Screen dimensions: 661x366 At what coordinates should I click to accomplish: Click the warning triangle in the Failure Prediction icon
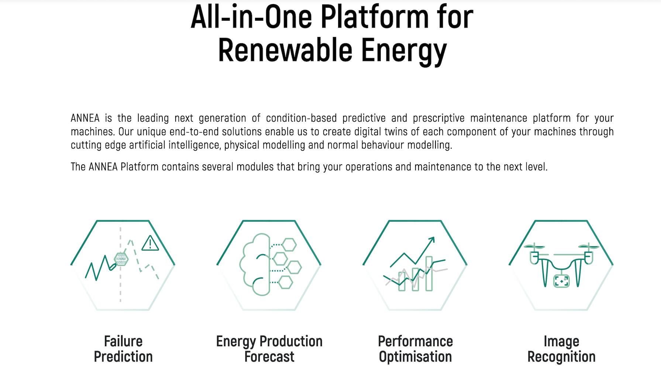coord(150,243)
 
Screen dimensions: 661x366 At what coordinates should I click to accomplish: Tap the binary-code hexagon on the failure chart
coord(121,259)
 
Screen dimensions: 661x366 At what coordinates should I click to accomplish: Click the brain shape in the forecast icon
coord(255,264)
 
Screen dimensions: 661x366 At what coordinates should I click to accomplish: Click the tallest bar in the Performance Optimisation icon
coord(429,274)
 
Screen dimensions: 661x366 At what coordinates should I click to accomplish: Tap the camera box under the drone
coord(561,281)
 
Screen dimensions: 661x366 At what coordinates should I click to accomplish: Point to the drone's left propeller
coord(534,246)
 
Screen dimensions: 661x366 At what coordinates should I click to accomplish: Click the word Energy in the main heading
coord(404,52)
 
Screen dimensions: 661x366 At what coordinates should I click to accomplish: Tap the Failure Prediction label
coord(123,349)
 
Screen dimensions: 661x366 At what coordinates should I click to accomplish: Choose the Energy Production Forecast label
coord(269,349)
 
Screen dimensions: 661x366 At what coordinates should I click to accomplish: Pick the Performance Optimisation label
coord(416,349)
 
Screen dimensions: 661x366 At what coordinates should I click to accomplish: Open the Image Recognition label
coord(561,349)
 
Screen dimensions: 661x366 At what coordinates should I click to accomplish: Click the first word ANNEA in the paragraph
coord(85,118)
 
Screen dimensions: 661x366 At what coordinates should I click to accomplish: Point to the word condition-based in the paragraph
coord(302,118)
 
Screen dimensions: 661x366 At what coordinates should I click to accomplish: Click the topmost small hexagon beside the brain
coord(289,244)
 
